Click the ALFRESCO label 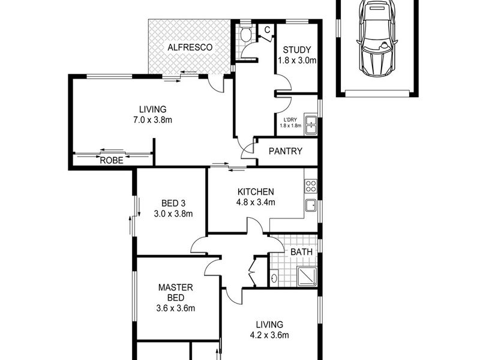190,47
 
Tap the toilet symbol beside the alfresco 245,33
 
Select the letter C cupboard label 267,30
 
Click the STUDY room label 296,50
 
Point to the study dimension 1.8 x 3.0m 297,61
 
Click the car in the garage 377,38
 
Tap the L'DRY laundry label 290,119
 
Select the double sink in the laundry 310,124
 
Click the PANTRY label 286,151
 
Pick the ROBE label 112,160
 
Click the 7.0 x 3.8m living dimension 152,120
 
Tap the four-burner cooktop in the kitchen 311,187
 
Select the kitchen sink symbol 311,205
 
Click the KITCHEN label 256,192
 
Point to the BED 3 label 173,203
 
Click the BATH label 302,252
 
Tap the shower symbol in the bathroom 307,277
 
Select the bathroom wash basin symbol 274,278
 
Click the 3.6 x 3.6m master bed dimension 175,308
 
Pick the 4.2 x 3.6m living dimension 269,335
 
